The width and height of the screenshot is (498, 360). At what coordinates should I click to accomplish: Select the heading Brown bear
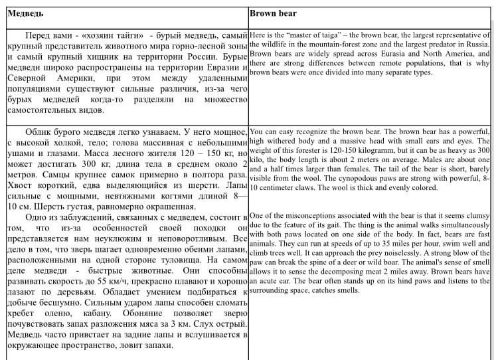click(273, 13)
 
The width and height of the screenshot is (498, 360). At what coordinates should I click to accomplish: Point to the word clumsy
click(476, 215)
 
